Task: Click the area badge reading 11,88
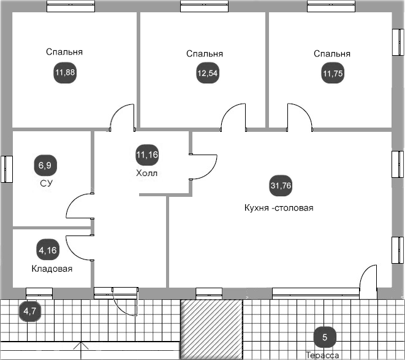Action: (x=64, y=74)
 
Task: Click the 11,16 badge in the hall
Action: (x=147, y=155)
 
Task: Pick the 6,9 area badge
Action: (x=45, y=165)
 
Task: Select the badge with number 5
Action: (x=325, y=337)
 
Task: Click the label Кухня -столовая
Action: (x=278, y=208)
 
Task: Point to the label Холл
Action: (x=146, y=174)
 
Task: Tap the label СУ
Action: (x=45, y=183)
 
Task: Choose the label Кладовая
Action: (x=52, y=269)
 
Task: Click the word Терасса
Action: (x=322, y=355)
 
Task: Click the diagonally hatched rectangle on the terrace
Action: (x=211, y=329)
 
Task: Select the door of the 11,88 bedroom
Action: (x=122, y=118)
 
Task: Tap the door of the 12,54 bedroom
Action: (x=233, y=118)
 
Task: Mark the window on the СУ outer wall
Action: (x=6, y=169)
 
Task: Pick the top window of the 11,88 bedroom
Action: (x=71, y=7)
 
